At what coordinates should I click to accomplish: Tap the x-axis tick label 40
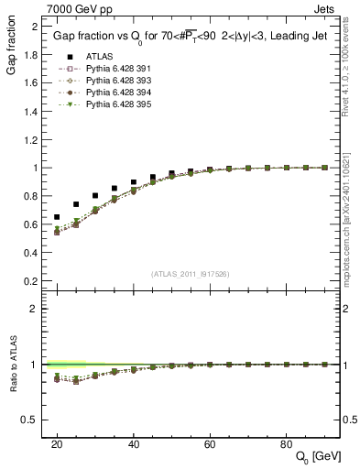[x=134, y=443]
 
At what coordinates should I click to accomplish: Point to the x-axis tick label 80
[x=286, y=443]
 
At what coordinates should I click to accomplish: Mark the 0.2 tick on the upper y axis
[x=32, y=281]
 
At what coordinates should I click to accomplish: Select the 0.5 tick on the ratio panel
[x=32, y=420]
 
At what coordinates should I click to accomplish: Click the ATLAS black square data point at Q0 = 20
[x=57, y=217]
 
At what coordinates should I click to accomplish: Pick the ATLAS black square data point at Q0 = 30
[x=95, y=196]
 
